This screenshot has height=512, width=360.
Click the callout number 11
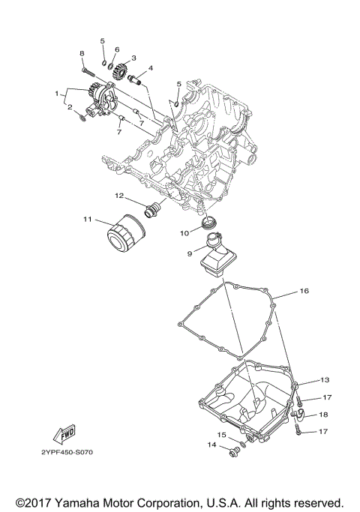(x=87, y=219)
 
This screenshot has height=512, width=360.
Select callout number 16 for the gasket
(x=304, y=290)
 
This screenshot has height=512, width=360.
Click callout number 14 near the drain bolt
(x=211, y=445)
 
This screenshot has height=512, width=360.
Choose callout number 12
(x=118, y=196)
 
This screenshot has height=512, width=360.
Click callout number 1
(x=56, y=94)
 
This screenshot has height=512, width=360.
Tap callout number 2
(x=70, y=107)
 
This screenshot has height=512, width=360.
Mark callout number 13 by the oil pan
(x=325, y=380)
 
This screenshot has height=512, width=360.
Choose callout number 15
(x=222, y=434)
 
